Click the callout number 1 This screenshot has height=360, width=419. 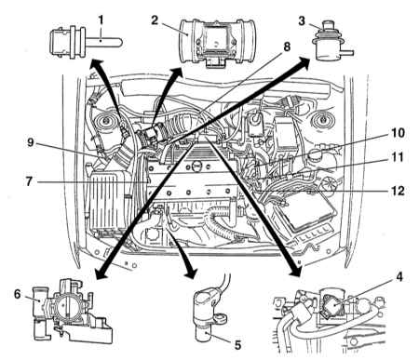pyautogui.click(x=101, y=20)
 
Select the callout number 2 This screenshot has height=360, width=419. pyautogui.click(x=155, y=20)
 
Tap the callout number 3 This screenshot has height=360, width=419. pyautogui.click(x=302, y=21)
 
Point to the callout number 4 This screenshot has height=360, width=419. pyautogui.click(x=399, y=276)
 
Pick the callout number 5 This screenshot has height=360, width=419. pyautogui.click(x=237, y=345)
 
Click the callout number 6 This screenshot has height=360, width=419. pyautogui.click(x=18, y=294)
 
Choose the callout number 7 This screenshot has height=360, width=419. pyautogui.click(x=29, y=181)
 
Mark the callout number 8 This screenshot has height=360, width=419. pyautogui.click(x=287, y=47)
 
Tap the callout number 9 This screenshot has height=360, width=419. pyautogui.click(x=30, y=143)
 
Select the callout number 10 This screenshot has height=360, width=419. pyautogui.click(x=398, y=133)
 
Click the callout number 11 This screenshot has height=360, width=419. pyautogui.click(x=397, y=157)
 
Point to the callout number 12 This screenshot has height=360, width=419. pyautogui.click(x=398, y=191)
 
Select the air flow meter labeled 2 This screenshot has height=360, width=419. pyautogui.click(x=217, y=42)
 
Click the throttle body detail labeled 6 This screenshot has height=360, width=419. pyautogui.click(x=72, y=311)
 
